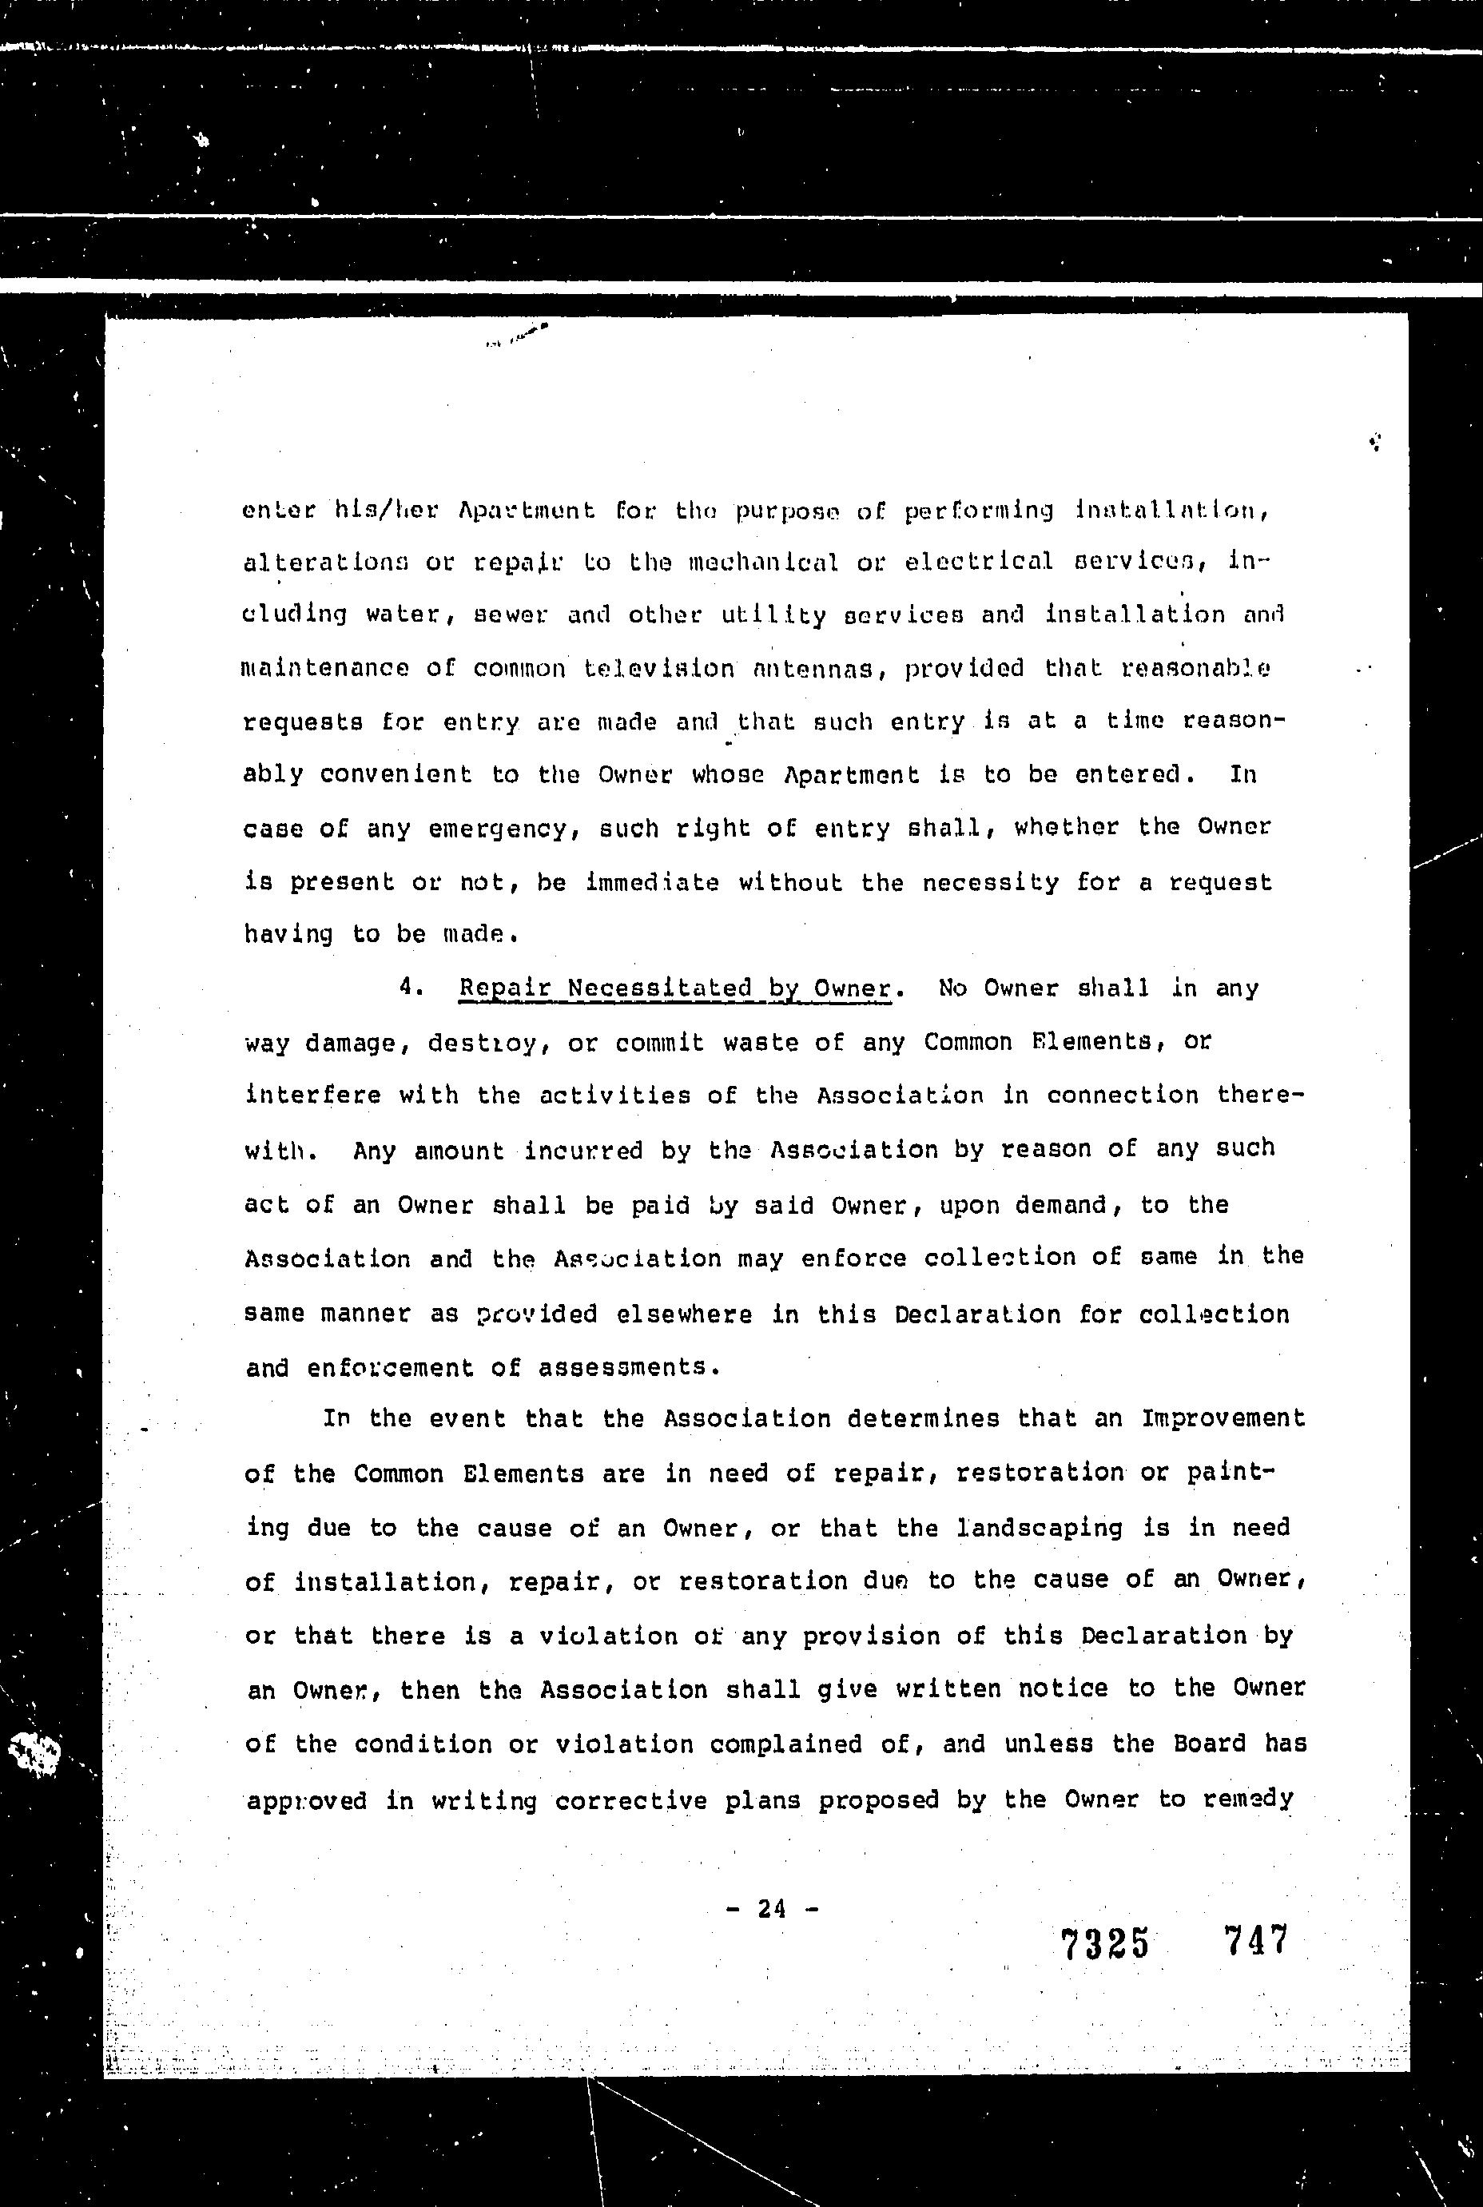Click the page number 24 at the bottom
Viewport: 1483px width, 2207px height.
pos(772,1908)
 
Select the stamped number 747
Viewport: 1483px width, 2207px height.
pos(1255,1940)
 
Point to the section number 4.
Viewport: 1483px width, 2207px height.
pos(410,986)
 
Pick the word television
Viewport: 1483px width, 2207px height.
pos(658,669)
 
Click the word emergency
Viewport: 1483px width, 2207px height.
pos(498,829)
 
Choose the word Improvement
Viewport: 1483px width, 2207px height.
pos(1223,1418)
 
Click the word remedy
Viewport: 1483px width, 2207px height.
pos(1248,1799)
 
